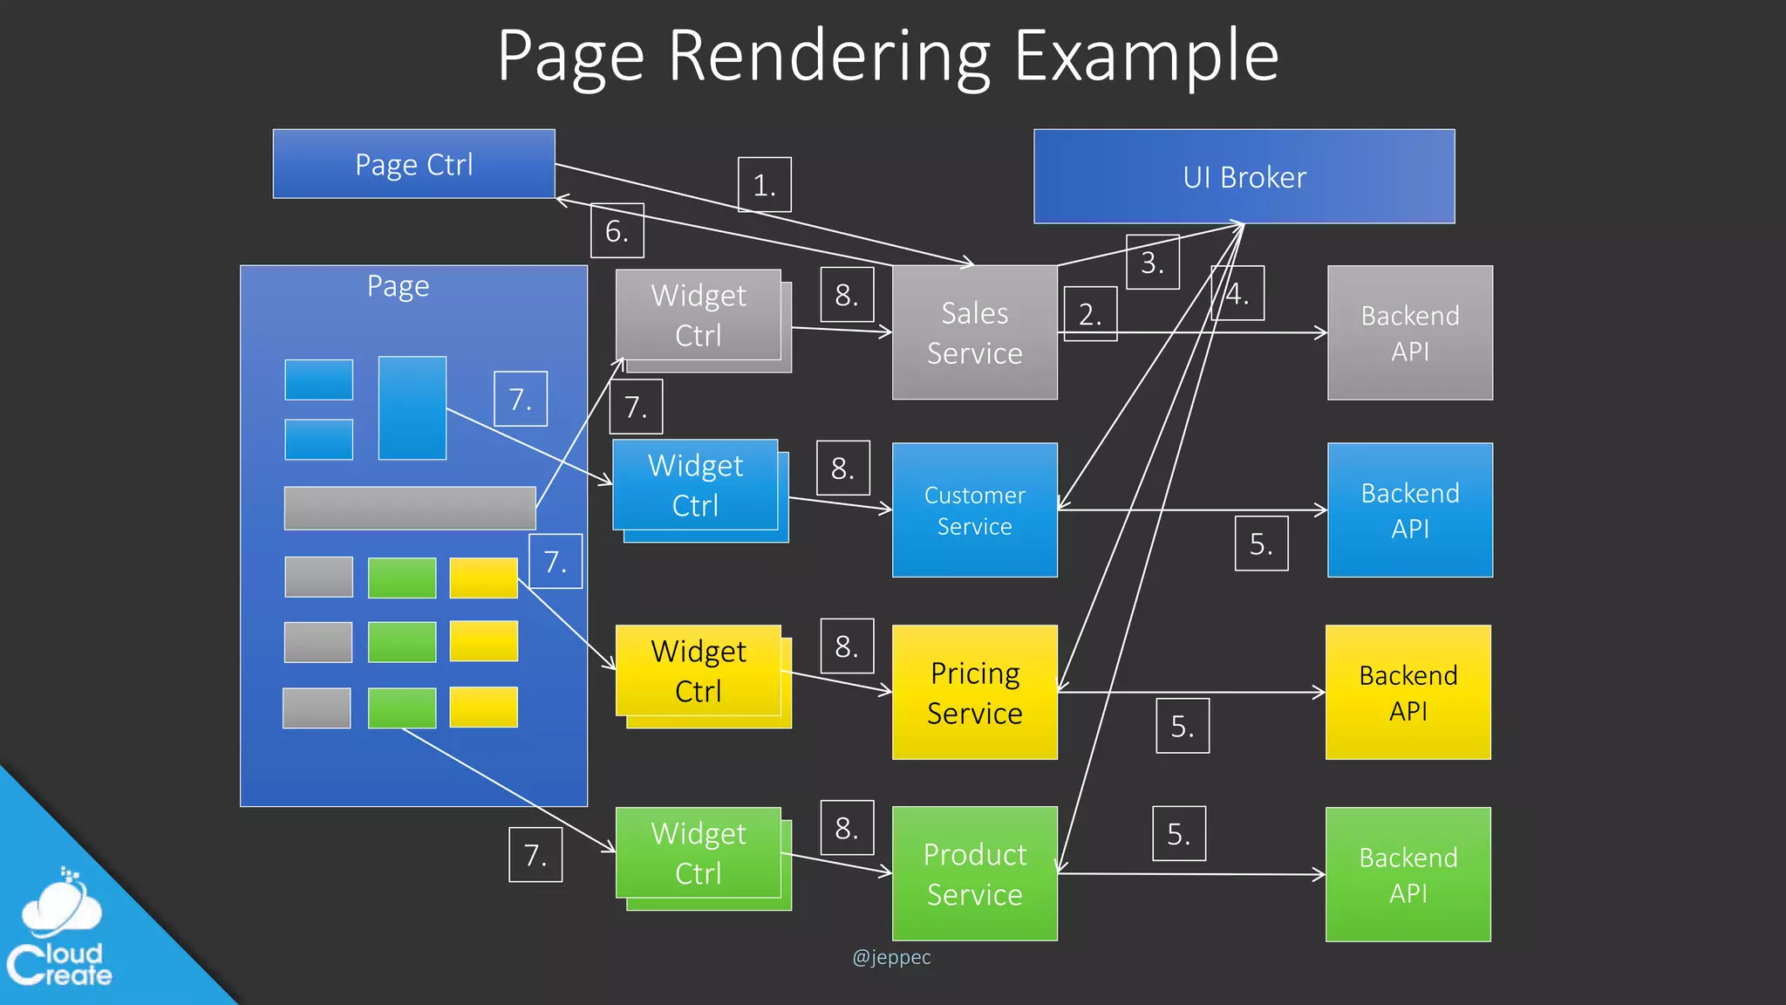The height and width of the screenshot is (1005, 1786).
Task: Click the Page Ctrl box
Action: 413,164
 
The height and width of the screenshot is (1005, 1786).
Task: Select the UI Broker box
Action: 1244,177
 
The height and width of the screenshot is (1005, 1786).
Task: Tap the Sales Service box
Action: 974,332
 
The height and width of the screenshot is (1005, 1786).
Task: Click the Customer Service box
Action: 974,510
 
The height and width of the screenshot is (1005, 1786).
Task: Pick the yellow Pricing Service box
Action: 974,693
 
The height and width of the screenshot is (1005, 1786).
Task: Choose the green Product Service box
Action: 974,874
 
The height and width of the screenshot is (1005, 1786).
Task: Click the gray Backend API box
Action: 1409,332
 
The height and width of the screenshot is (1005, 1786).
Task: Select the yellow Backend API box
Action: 1408,693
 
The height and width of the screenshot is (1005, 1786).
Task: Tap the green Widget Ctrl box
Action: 699,853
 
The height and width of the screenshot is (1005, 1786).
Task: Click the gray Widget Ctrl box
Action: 699,315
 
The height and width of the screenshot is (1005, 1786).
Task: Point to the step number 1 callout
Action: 764,185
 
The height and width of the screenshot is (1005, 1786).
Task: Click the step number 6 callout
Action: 617,231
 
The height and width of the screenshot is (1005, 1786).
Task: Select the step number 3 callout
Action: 1152,262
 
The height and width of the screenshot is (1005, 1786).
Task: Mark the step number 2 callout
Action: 1089,314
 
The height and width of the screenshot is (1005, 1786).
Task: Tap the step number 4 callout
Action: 1237,294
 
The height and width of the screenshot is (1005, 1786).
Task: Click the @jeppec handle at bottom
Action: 890,957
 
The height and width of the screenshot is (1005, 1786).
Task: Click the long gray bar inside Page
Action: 409,508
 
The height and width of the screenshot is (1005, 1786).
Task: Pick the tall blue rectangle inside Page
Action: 412,407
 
